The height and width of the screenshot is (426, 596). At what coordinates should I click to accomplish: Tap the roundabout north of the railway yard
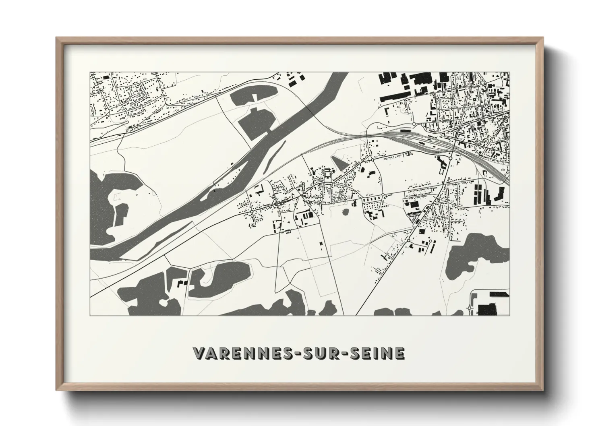414,123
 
